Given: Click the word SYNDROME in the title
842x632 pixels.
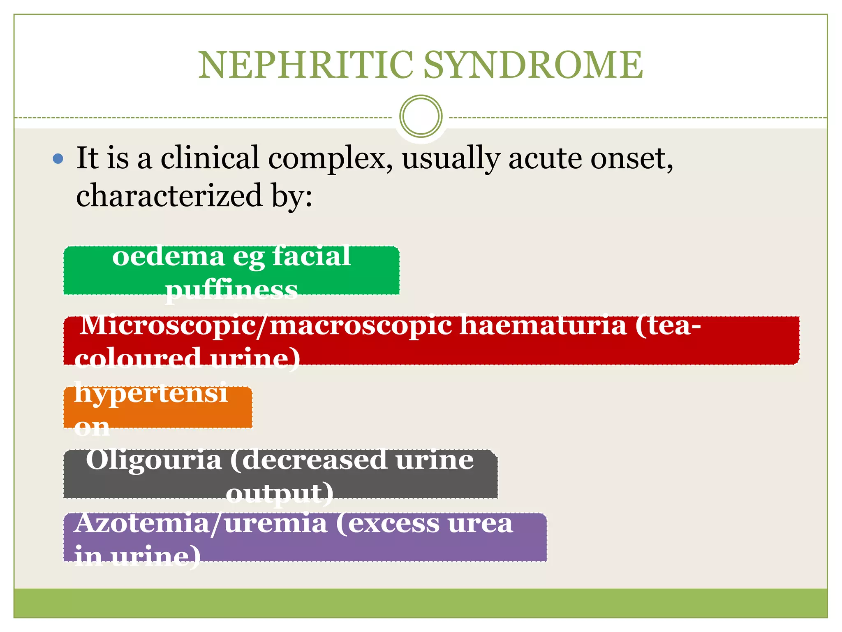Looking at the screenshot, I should [533, 65].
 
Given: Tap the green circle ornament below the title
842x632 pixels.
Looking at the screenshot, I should [421, 116].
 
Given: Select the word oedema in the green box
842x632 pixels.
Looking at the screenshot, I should [168, 257].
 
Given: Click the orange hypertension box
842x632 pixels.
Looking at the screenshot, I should [158, 408].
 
